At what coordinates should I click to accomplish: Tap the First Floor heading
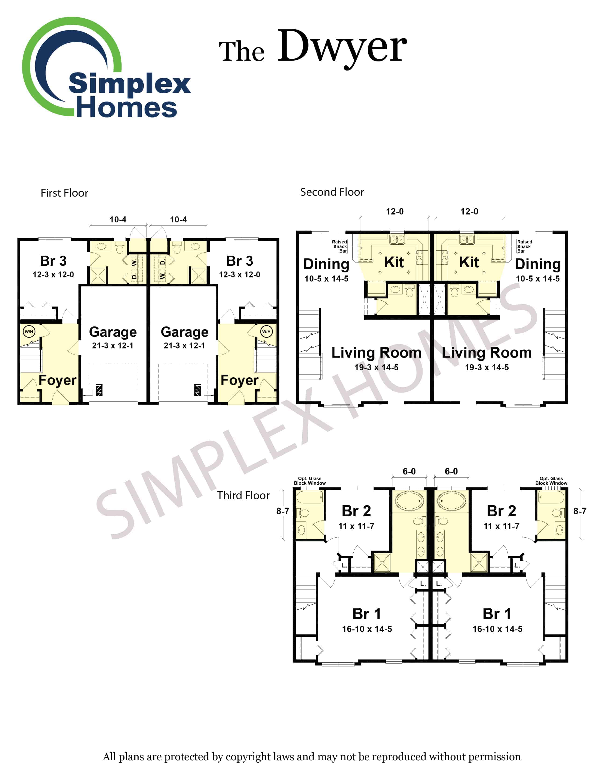tap(64, 193)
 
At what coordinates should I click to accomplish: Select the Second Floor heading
tap(332, 192)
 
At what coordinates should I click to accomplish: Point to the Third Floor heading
tap(243, 495)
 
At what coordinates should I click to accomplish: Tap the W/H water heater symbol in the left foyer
tap(29, 332)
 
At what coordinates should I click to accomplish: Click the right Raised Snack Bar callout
tap(524, 246)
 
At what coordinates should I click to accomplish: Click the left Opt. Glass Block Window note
tap(310, 481)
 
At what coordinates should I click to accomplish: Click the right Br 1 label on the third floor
tap(497, 614)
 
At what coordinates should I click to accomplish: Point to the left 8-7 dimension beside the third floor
tap(283, 511)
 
